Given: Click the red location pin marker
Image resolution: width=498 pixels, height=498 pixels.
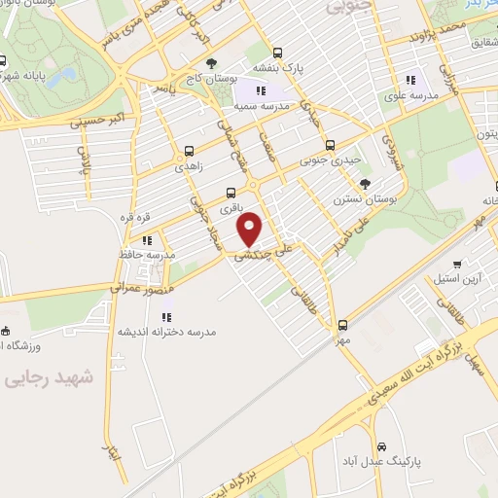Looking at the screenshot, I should (x=251, y=229).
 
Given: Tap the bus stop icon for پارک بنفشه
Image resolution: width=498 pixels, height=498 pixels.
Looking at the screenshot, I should (x=278, y=54).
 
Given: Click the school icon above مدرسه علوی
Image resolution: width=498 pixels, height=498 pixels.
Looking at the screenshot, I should (x=410, y=80).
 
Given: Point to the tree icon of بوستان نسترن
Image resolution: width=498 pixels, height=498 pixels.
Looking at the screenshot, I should (x=364, y=183).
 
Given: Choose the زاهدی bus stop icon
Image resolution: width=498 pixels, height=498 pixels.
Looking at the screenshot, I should (x=189, y=152).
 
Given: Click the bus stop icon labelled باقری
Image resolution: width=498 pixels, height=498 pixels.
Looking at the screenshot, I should (x=231, y=193).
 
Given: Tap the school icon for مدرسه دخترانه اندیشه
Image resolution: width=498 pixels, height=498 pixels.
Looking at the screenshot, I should (x=166, y=315).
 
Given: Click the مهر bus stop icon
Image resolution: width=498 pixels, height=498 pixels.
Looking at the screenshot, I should (x=341, y=326).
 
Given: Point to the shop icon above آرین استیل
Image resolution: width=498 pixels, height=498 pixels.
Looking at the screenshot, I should (x=457, y=263).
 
